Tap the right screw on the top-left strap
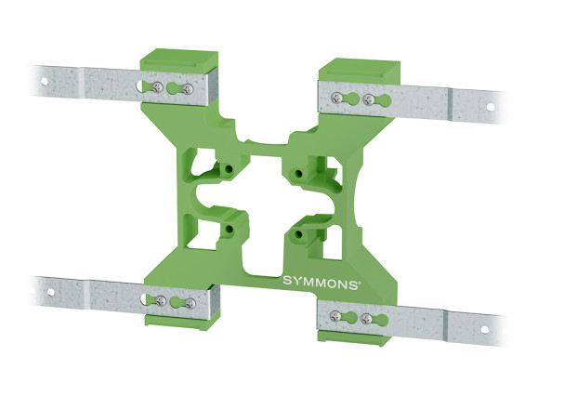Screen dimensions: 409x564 (x=189, y=89)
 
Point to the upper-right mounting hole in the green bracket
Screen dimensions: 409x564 (x=295, y=173)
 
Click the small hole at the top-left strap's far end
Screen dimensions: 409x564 (x=45, y=81)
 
